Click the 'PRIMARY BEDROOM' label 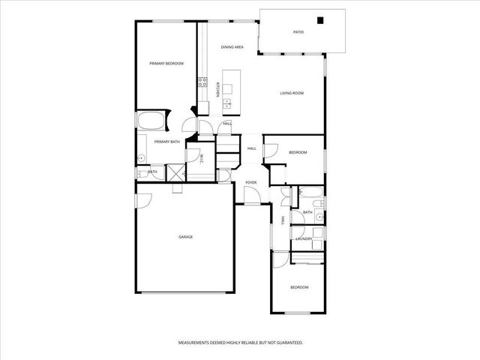(166, 64)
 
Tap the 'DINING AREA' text (232, 47)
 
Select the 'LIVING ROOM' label (292, 93)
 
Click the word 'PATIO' (298, 32)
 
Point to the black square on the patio (321, 21)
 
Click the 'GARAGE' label (185, 237)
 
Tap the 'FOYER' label (251, 182)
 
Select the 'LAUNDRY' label (304, 238)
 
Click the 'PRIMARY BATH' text (166, 142)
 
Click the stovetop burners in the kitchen (202, 83)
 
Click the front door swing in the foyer (253, 196)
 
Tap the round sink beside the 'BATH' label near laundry (319, 217)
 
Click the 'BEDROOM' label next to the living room (298, 153)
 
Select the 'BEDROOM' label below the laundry (299, 287)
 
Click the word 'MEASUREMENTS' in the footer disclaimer (195, 342)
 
